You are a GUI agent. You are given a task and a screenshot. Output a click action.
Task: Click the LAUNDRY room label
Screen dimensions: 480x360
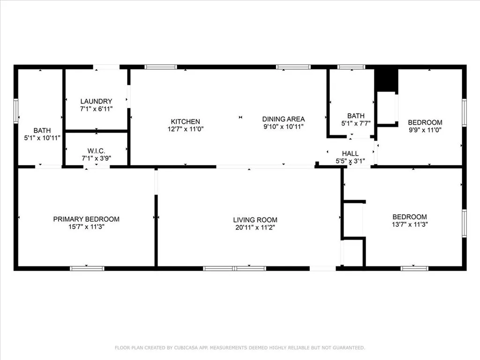pyautogui.click(x=96, y=101)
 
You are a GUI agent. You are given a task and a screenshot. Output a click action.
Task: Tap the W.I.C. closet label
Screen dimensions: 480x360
pyautogui.click(x=96, y=151)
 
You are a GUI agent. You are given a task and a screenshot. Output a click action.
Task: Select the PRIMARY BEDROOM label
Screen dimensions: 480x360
pyautogui.click(x=86, y=219)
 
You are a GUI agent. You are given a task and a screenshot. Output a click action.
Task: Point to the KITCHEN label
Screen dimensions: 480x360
pyautogui.click(x=186, y=121)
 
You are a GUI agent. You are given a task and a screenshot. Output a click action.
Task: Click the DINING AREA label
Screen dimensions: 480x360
pyautogui.click(x=284, y=119)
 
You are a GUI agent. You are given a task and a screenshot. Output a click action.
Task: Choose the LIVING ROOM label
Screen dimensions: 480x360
pyautogui.click(x=255, y=220)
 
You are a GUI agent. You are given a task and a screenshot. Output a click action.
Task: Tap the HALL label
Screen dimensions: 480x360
pyautogui.click(x=350, y=154)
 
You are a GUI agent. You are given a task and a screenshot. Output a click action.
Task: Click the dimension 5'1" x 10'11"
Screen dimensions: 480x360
pyautogui.click(x=42, y=138)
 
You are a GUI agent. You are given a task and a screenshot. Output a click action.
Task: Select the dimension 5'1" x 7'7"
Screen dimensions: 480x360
pyautogui.click(x=356, y=123)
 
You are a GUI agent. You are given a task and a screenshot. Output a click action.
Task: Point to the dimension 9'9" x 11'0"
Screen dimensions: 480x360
pyautogui.click(x=425, y=130)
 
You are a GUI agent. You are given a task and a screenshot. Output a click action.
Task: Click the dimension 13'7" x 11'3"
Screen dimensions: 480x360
pyautogui.click(x=410, y=225)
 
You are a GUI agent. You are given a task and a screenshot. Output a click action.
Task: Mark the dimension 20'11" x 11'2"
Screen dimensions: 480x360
pyautogui.click(x=255, y=227)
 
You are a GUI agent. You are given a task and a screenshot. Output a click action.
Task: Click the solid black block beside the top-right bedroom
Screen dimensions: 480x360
pyautogui.click(x=386, y=80)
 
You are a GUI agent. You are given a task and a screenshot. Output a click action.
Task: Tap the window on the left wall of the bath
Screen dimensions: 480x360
pyautogui.click(x=16, y=111)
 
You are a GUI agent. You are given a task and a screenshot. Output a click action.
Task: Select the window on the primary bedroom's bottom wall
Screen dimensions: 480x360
pyautogui.click(x=87, y=269)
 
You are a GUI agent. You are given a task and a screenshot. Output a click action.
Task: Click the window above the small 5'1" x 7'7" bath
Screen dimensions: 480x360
pyautogui.click(x=351, y=67)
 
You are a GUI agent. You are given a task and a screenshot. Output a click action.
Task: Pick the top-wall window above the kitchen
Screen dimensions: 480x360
pyautogui.click(x=161, y=67)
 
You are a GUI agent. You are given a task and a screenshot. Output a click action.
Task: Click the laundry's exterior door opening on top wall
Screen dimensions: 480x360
pyautogui.click(x=106, y=67)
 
